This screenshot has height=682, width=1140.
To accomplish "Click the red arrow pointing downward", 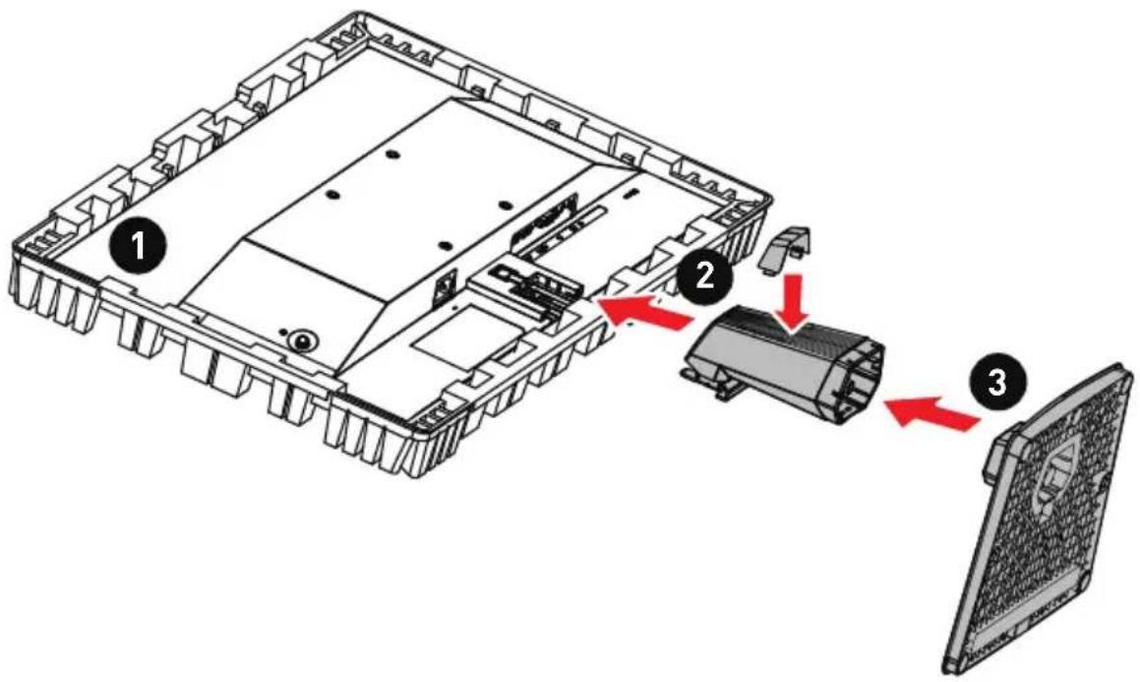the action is pos(795,299).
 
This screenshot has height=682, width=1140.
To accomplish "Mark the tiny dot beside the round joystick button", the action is pos(283,332).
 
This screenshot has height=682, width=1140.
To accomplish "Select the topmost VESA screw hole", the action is pos(391,155).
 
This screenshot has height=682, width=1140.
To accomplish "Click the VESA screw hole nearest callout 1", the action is pos(331,194).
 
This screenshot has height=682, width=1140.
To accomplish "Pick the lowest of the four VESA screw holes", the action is pos(446,246).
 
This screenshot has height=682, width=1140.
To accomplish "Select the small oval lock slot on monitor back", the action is pos(630,194).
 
